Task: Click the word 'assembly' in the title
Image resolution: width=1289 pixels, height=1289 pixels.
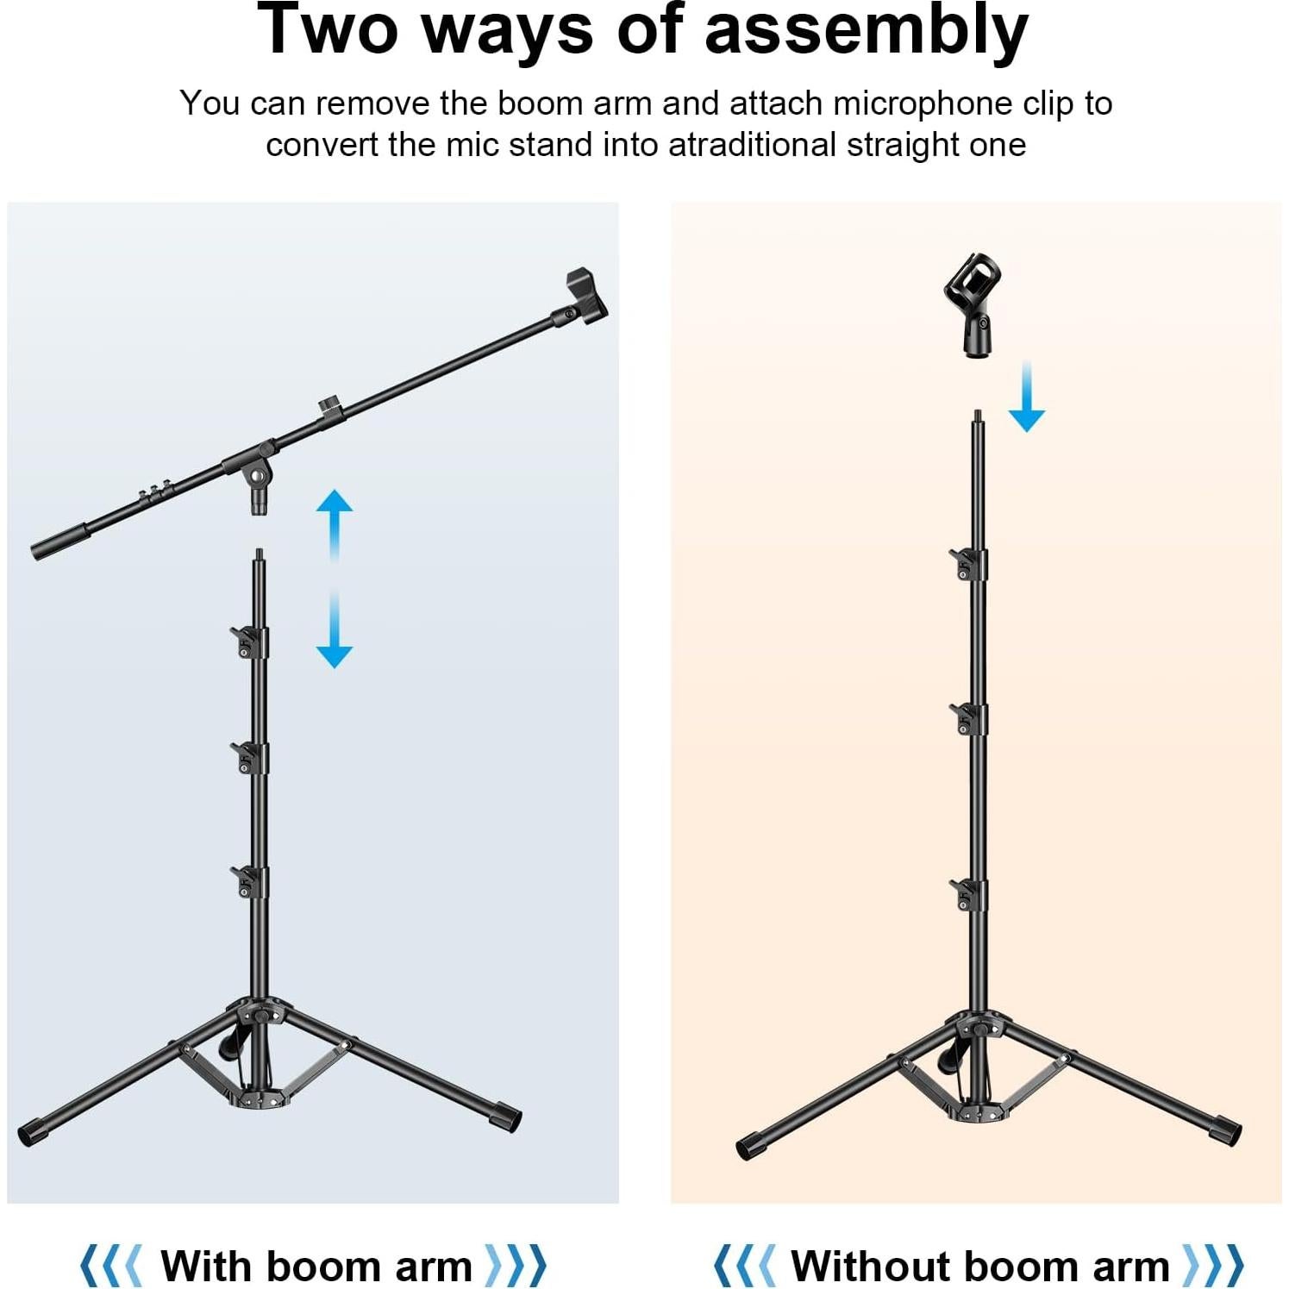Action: (866, 31)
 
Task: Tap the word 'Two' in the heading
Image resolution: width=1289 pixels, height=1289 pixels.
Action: (329, 29)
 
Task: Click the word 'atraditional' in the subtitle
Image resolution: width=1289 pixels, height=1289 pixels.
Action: (751, 145)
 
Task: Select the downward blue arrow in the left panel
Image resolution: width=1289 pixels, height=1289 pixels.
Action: (335, 634)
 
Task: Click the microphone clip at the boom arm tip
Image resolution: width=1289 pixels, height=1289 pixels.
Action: (585, 297)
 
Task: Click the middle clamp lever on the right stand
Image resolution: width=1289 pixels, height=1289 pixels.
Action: (967, 717)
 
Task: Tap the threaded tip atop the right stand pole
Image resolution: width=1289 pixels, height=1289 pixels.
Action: (977, 416)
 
